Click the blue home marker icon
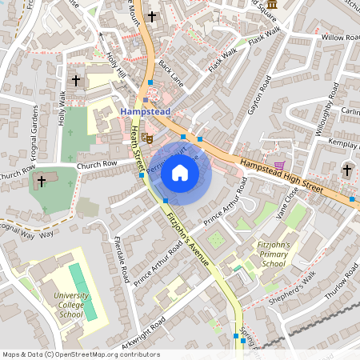[x=180, y=172]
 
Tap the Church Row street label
[x=97, y=166]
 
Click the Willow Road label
[x=341, y=38]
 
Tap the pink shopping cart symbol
[x=278, y=166]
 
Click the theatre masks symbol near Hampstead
[x=149, y=138]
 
